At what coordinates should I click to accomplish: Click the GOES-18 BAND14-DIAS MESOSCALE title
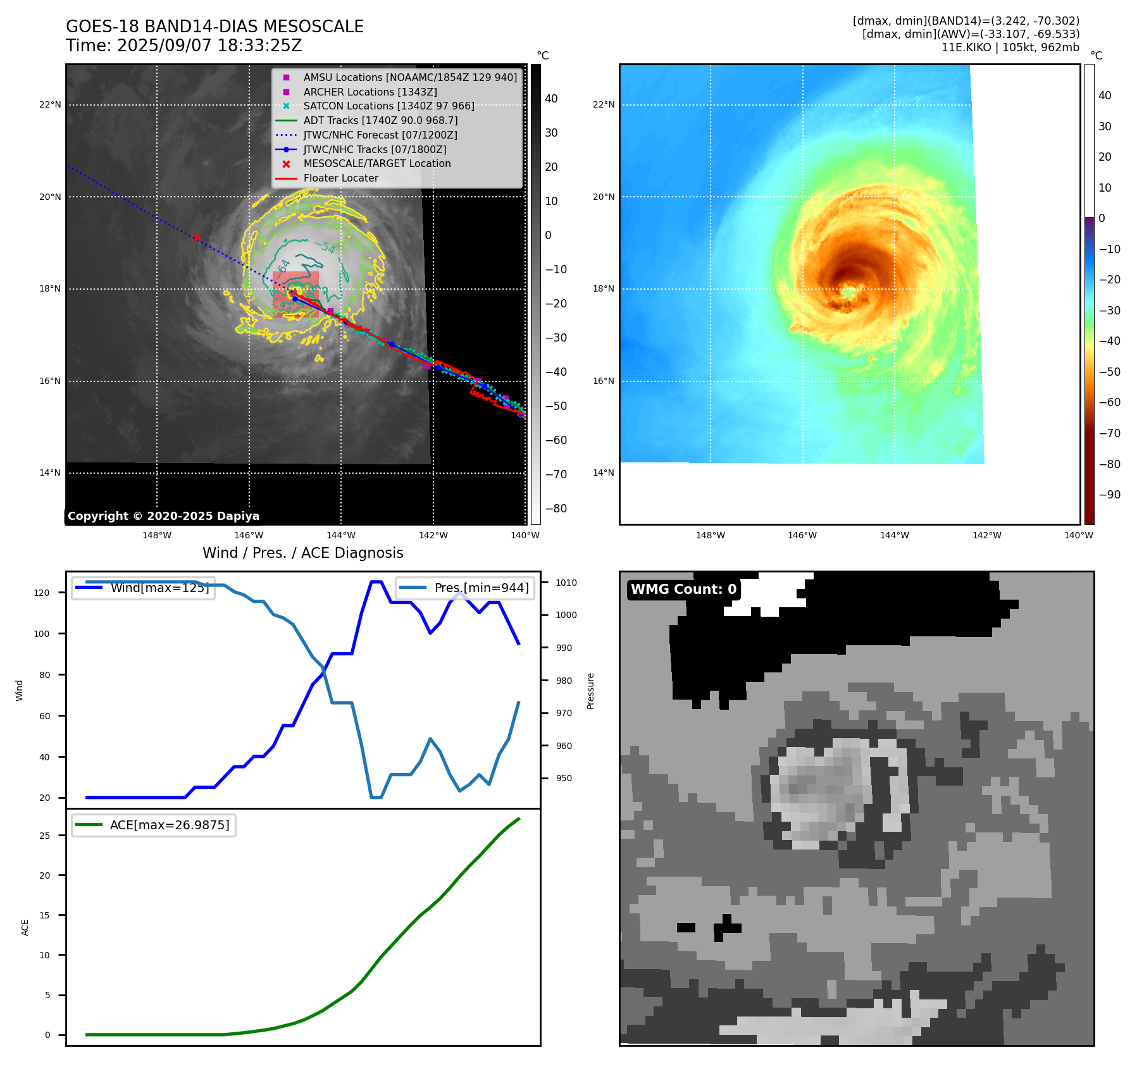214,27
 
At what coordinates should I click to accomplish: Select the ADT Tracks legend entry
380,120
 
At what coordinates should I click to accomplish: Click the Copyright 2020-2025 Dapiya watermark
163,516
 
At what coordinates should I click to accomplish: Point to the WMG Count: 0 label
683,590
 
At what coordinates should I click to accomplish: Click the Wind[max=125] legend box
144,588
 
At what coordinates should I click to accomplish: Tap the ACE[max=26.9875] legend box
154,825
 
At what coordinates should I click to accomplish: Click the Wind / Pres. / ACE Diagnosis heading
302,553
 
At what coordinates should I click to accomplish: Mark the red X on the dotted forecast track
197,238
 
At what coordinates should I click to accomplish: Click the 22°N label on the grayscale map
50,105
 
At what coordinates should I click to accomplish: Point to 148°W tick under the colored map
710,536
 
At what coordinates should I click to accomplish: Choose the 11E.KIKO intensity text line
1010,47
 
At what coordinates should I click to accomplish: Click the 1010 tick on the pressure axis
566,583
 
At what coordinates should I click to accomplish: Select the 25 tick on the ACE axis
44,836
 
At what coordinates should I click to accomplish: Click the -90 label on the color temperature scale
1109,495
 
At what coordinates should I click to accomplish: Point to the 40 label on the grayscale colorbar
551,99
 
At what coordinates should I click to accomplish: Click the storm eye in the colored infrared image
848,292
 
